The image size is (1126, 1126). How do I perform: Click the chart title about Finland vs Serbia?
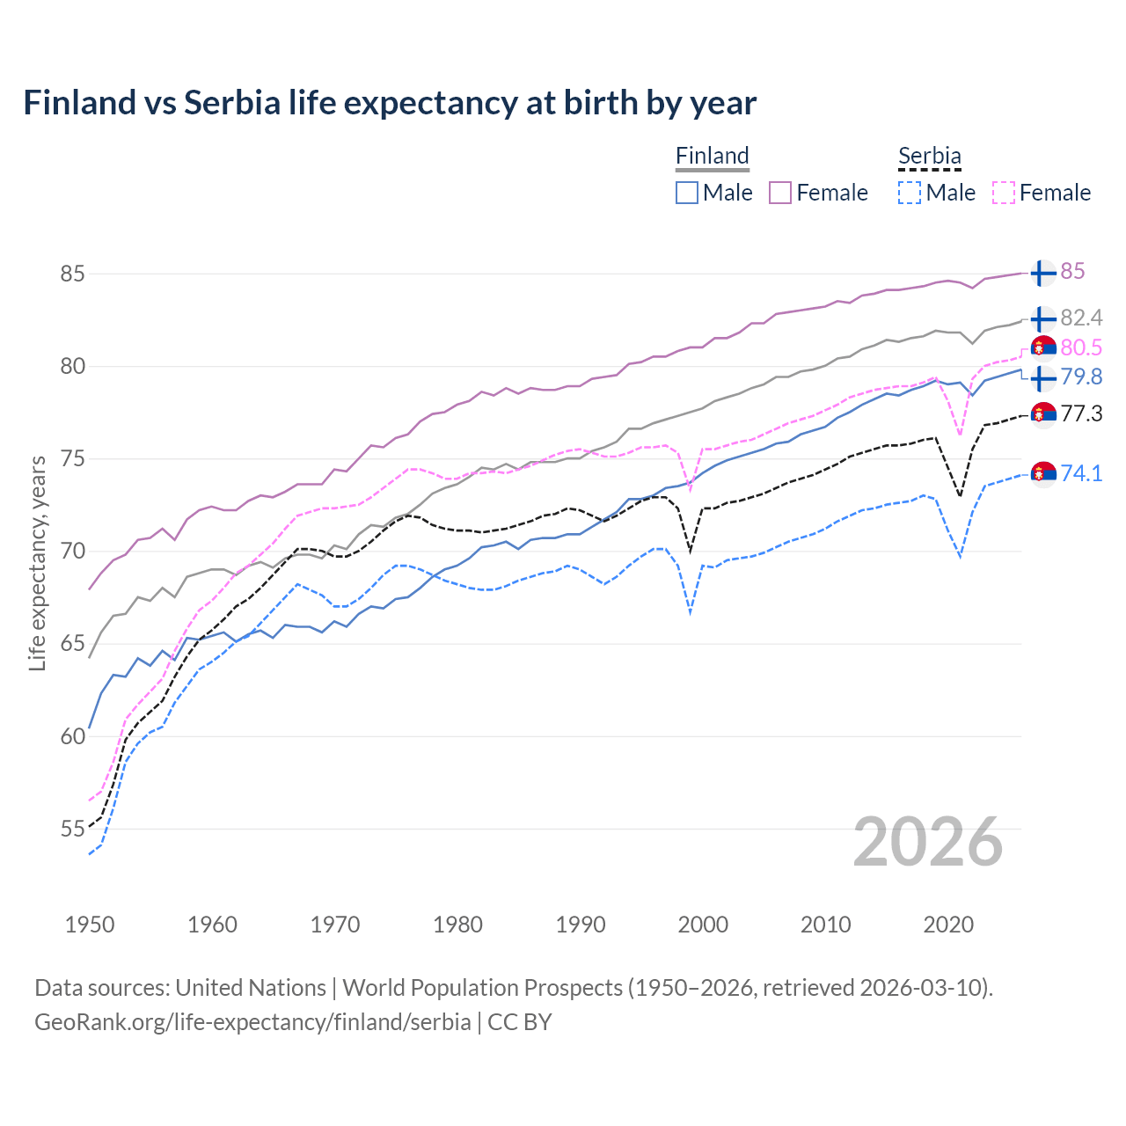click(x=390, y=103)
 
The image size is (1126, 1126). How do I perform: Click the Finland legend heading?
click(x=712, y=156)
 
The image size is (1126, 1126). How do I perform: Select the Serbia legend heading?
click(x=929, y=156)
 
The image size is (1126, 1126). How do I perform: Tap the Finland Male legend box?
click(x=687, y=193)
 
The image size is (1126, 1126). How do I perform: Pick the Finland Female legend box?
click(x=780, y=193)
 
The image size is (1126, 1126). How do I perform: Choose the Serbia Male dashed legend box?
click(x=910, y=193)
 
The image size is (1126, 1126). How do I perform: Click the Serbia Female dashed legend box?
click(x=1004, y=193)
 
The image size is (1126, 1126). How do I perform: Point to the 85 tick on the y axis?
click(x=72, y=274)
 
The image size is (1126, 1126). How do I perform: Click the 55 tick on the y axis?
click(x=72, y=829)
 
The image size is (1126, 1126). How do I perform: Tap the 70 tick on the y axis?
click(x=72, y=552)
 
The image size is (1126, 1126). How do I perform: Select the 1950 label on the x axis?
click(x=90, y=925)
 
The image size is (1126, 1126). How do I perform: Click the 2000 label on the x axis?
click(x=703, y=925)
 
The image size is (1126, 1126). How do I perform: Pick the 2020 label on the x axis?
click(x=948, y=925)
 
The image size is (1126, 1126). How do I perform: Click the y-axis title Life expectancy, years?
click(x=37, y=563)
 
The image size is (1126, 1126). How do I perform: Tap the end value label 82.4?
click(x=1081, y=318)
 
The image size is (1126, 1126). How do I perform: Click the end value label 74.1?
click(x=1081, y=473)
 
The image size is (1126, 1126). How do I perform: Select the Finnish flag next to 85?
click(x=1042, y=273)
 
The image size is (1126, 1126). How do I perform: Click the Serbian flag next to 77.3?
click(x=1043, y=413)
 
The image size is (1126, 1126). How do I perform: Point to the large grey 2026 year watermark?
click(x=927, y=842)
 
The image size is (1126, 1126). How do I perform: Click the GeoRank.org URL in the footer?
click(x=252, y=1022)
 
